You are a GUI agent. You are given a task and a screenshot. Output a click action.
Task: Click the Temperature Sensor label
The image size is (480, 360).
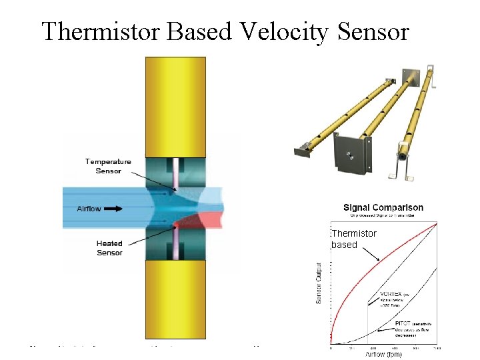pos(108,166)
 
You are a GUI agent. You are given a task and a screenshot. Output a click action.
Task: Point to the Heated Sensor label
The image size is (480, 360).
pos(109,248)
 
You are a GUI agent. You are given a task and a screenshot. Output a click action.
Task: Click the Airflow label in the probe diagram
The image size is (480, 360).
pos(89,209)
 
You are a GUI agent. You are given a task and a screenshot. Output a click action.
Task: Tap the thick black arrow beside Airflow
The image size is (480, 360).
pos(113,209)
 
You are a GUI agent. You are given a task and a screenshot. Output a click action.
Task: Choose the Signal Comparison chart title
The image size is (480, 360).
pos(383,207)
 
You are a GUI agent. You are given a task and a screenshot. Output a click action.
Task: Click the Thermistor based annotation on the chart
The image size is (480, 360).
pos(353,239)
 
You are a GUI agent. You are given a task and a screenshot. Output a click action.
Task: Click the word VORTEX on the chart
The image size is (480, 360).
pos(391,293)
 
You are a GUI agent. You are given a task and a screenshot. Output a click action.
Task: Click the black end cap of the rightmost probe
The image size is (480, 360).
pos(403,153)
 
